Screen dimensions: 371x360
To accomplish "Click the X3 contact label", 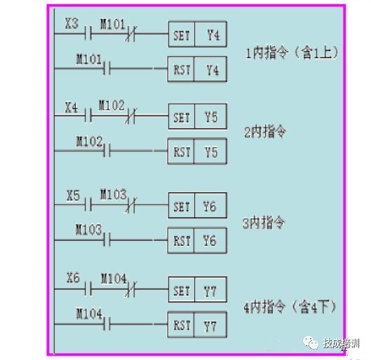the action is [72, 24].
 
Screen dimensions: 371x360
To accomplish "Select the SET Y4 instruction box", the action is [197, 34].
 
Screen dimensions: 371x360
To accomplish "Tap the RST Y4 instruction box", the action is [197, 69].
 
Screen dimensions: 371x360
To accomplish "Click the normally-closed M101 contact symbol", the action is [130, 34].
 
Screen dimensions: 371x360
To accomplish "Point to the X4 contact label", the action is [72, 107].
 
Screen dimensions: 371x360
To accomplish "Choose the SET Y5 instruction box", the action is [197, 116].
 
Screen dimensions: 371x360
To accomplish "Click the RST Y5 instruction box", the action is [197, 151].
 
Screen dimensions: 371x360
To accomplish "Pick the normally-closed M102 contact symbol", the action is [130, 116].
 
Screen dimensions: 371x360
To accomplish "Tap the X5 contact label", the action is [73, 195].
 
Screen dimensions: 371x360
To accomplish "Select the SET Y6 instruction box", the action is [197, 205].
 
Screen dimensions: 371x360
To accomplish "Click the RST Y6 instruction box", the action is [197, 240].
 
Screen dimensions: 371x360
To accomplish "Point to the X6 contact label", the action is [73, 278].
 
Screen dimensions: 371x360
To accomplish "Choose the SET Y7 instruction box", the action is [197, 289].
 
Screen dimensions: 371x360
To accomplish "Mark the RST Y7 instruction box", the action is [197, 324].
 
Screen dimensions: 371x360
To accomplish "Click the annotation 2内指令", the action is [265, 132].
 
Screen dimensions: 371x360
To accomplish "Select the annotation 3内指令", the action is [264, 223].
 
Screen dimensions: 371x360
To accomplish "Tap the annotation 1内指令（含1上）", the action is [292, 53].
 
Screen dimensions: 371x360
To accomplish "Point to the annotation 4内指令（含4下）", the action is [290, 307].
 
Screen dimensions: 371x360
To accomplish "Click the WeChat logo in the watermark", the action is [311, 342].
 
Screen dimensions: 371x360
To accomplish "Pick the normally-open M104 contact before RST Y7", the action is [107, 324].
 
